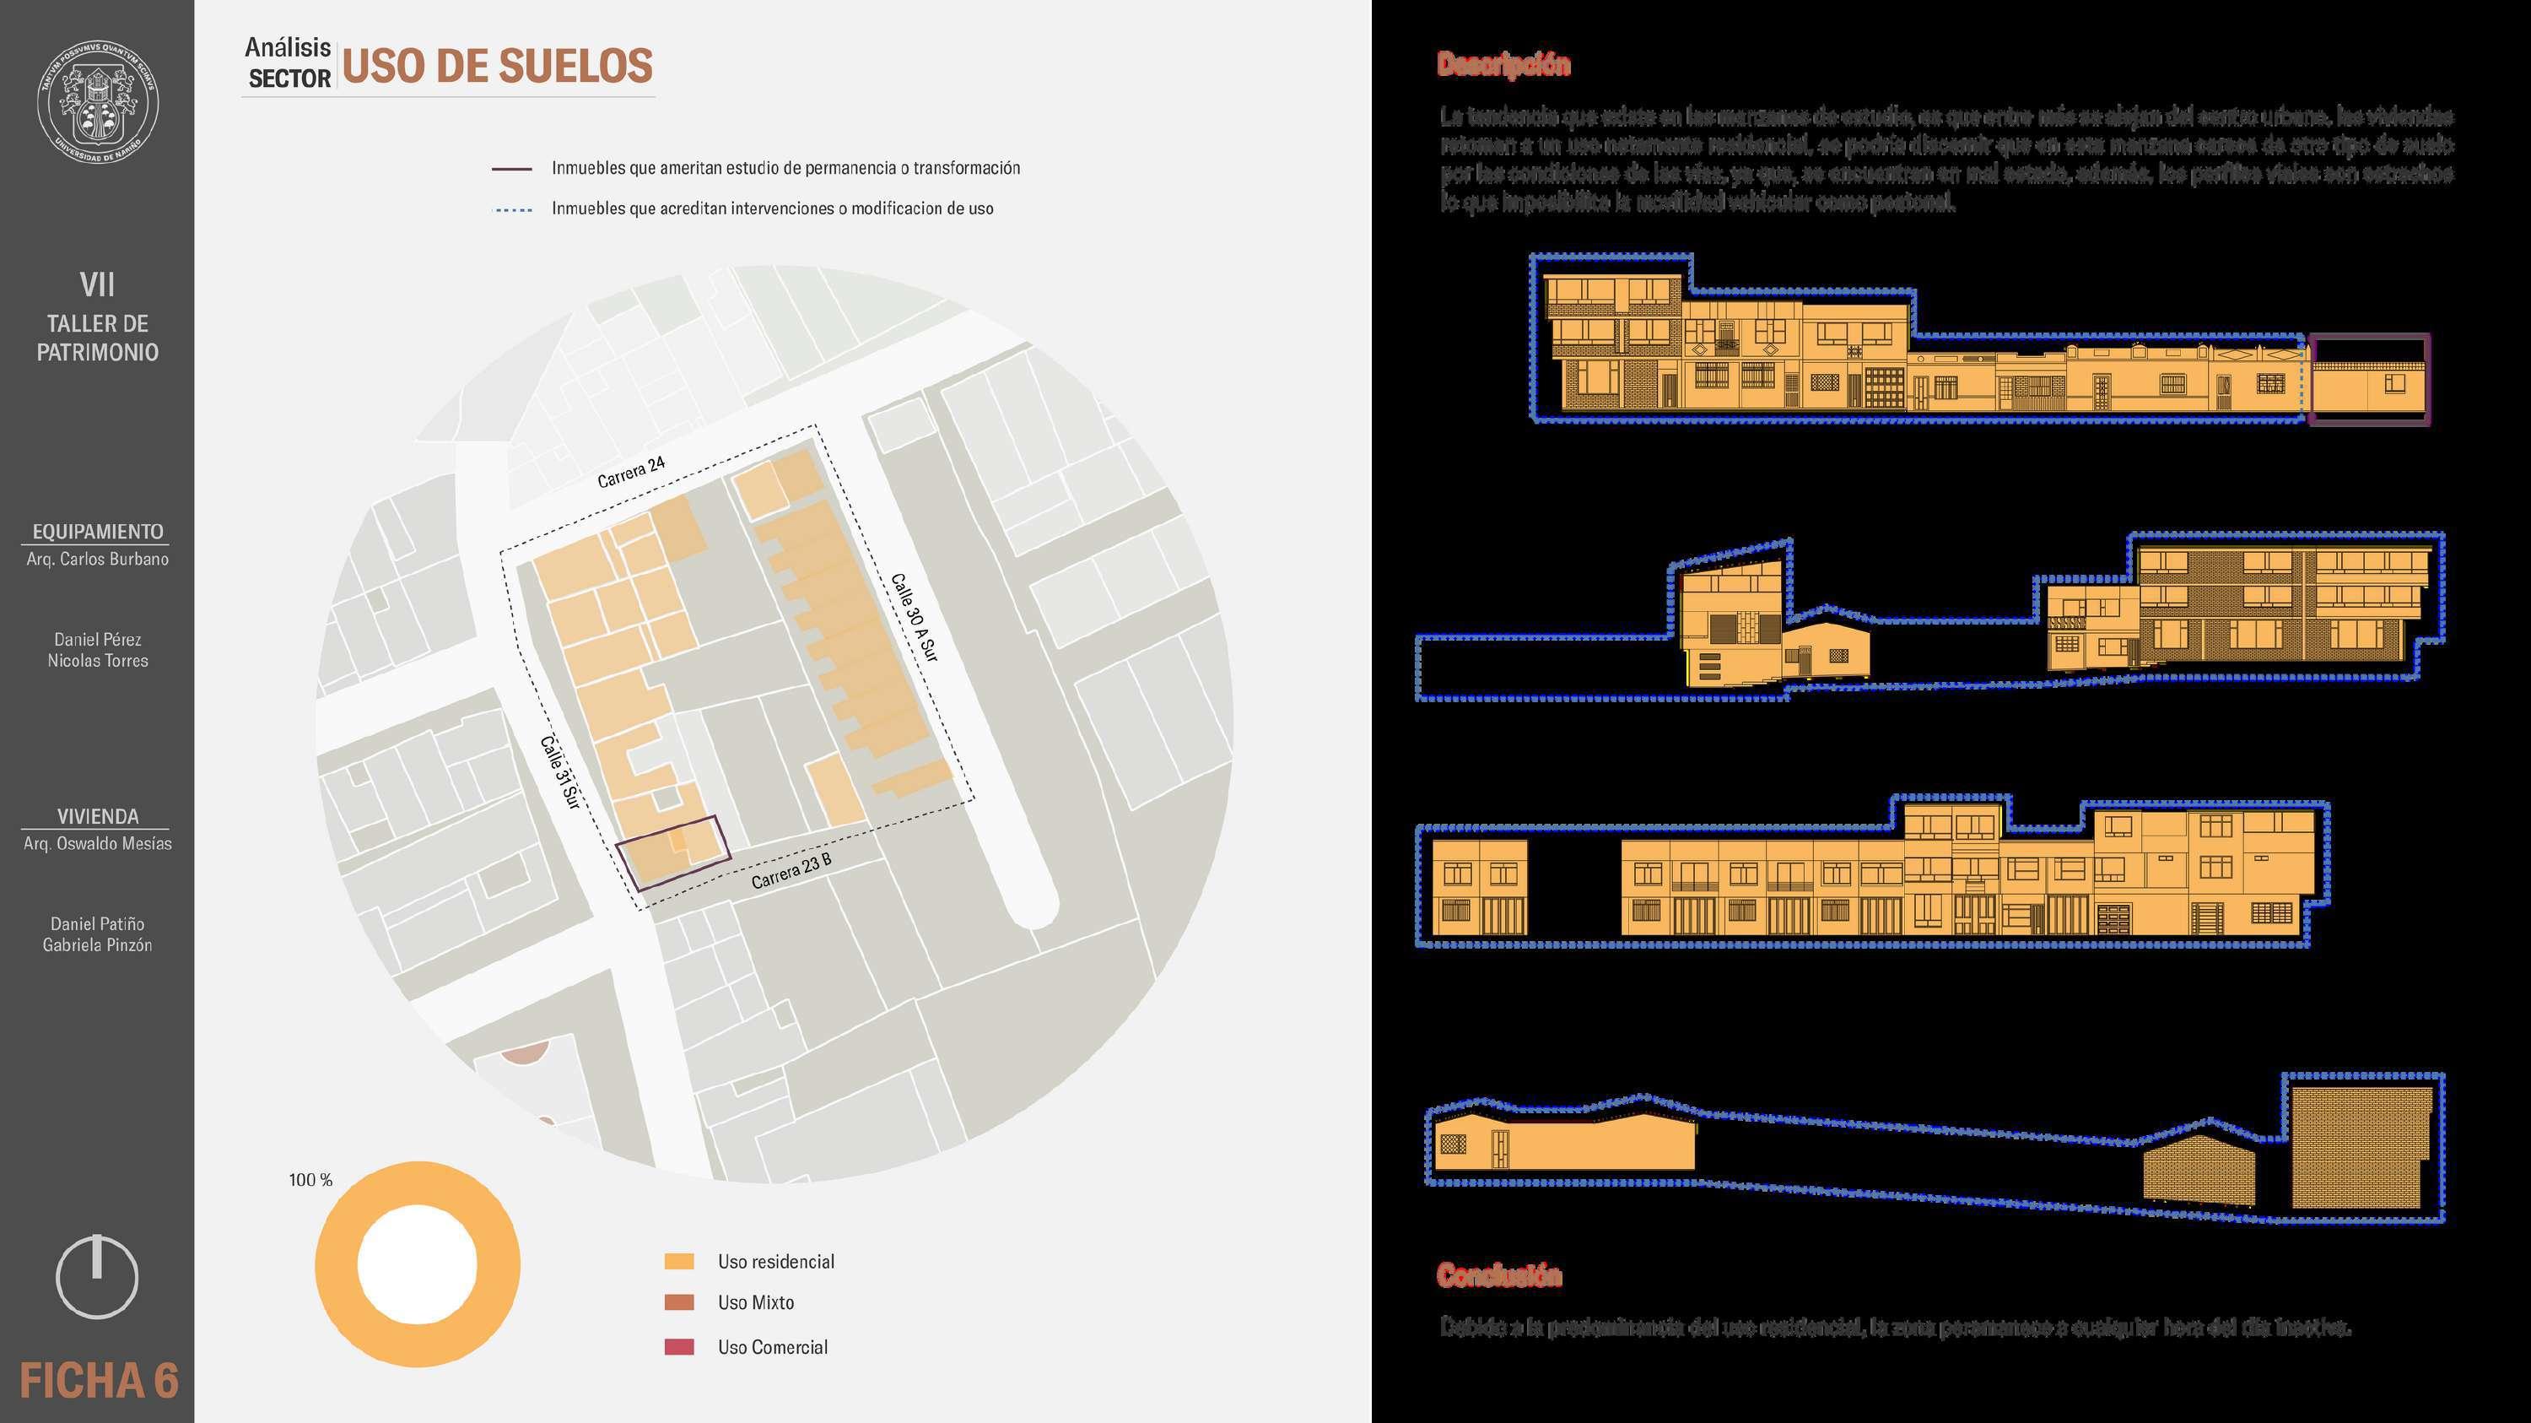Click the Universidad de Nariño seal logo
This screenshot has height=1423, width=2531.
pos(97,102)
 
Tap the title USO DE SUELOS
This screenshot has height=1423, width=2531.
pos(496,66)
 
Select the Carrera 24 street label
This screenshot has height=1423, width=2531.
pos(632,472)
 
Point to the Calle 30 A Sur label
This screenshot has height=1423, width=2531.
pos(914,617)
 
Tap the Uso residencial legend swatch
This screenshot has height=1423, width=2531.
pos(679,1261)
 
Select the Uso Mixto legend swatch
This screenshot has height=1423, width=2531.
pos(679,1302)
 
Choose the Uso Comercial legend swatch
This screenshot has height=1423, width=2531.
pos(679,1346)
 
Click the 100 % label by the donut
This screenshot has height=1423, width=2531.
pos(310,1179)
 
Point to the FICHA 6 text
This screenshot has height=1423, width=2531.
pos(98,1381)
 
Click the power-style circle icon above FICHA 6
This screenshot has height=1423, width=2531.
pos(96,1275)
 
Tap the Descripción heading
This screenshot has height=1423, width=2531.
pos(1503,64)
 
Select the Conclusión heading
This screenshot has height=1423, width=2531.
pos(1498,1274)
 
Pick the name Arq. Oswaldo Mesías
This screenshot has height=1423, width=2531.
pos(97,843)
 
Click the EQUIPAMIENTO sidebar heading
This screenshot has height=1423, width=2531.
pos(97,531)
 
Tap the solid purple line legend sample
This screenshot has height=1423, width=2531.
pos(512,169)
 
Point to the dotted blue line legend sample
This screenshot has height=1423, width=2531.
pos(512,209)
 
